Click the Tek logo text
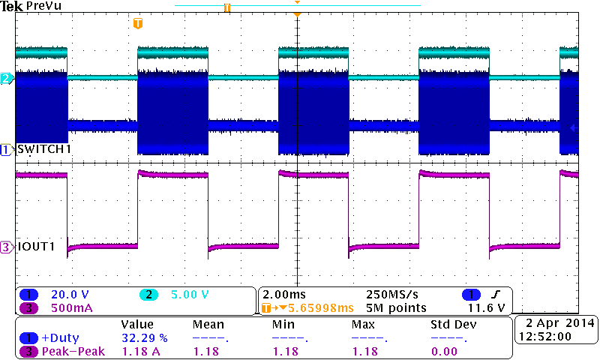12,6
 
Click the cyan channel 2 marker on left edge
7,79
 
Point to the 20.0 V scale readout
70,294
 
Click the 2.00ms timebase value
283,294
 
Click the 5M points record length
396,307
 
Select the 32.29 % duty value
145,338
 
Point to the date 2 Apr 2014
556,322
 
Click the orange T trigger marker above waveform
137,24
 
